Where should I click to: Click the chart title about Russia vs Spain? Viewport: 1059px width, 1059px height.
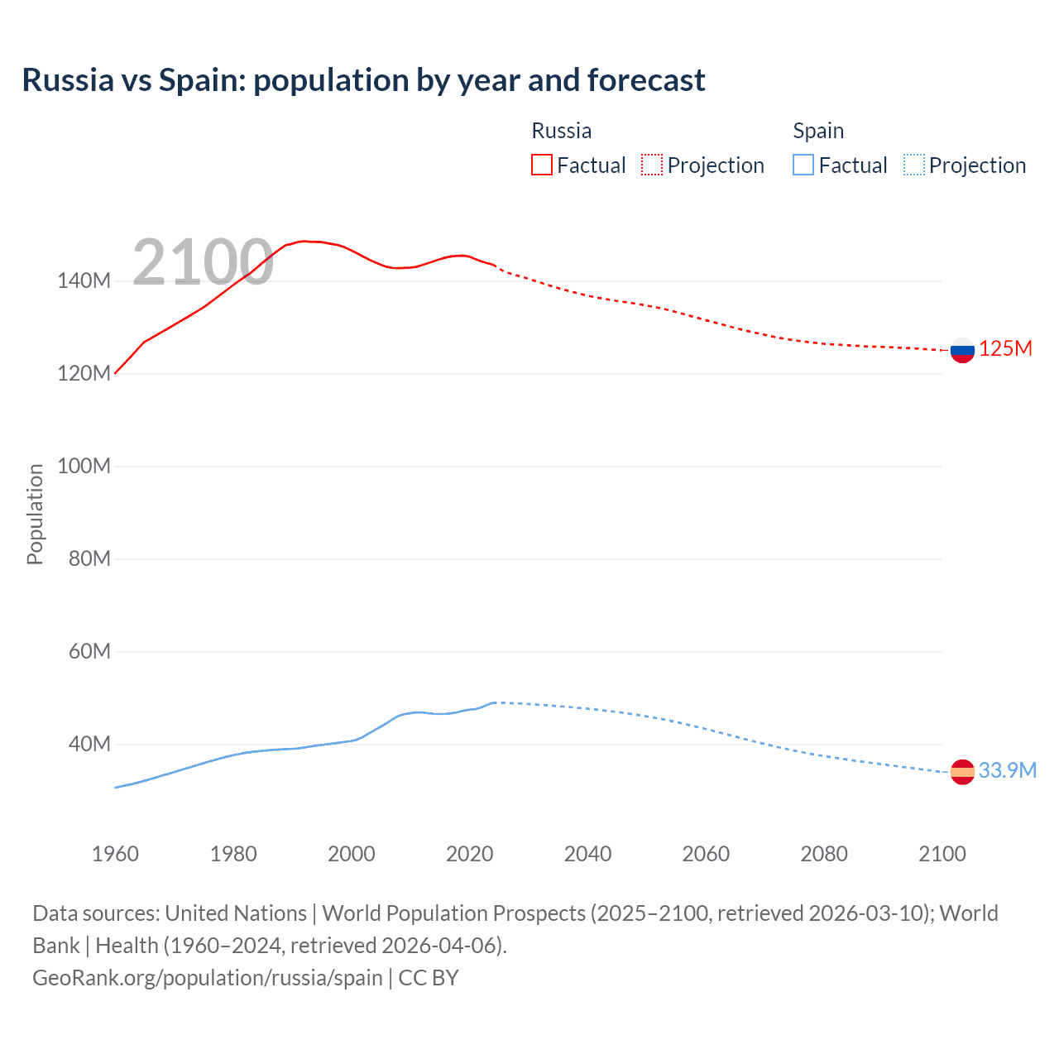pos(363,80)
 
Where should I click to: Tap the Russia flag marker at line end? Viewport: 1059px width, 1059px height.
pos(962,350)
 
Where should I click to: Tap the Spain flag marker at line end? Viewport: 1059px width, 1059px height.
pos(962,772)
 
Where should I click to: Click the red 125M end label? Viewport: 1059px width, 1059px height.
pos(1005,348)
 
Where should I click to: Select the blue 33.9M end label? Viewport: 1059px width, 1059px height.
pos(1007,770)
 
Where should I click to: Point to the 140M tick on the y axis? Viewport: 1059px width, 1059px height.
pos(84,280)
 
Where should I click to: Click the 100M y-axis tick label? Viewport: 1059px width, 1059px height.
pos(84,466)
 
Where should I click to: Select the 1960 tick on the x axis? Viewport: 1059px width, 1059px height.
pos(115,854)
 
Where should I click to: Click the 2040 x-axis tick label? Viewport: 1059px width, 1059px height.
pos(587,854)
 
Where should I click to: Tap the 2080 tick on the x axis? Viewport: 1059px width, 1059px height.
pos(823,854)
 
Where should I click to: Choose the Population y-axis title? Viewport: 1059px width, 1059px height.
pos(35,514)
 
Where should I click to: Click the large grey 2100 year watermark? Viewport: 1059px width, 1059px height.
pos(203,262)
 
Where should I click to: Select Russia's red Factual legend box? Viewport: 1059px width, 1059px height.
pos(542,165)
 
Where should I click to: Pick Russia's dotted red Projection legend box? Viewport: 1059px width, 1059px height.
pos(652,165)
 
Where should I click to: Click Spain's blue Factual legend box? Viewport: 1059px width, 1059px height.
pos(803,165)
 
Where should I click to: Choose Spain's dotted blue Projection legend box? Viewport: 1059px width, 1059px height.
pos(913,165)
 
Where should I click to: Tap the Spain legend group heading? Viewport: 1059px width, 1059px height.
pos(818,131)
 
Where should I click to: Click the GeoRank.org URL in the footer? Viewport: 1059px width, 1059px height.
pos(207,978)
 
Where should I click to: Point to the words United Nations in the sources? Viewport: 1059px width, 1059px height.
pos(236,913)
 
